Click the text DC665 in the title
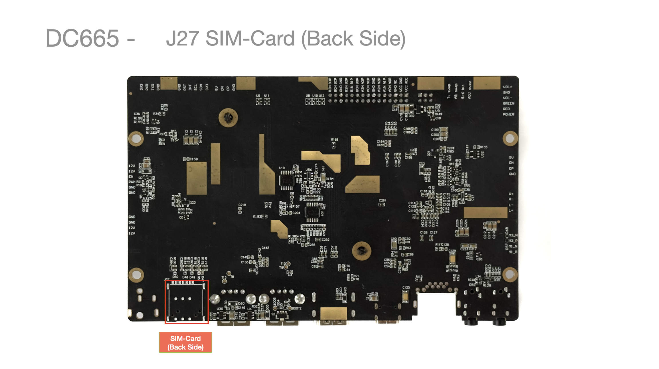tap(82, 38)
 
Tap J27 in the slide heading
tap(182, 38)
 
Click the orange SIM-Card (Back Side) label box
tap(186, 342)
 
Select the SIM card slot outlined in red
tap(186, 302)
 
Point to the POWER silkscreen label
tap(508, 114)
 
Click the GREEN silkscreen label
tap(508, 103)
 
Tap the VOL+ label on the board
tap(507, 87)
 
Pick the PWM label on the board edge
tap(132, 182)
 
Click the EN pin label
tap(131, 176)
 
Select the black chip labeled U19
tap(287, 180)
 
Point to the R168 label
tap(335, 140)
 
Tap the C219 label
tap(242, 205)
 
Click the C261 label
tap(382, 201)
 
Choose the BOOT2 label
tap(297, 308)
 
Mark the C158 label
tap(194, 159)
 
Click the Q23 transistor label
tap(192, 203)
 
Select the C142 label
tap(265, 248)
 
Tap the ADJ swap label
tap(469, 90)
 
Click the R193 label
tap(257, 217)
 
